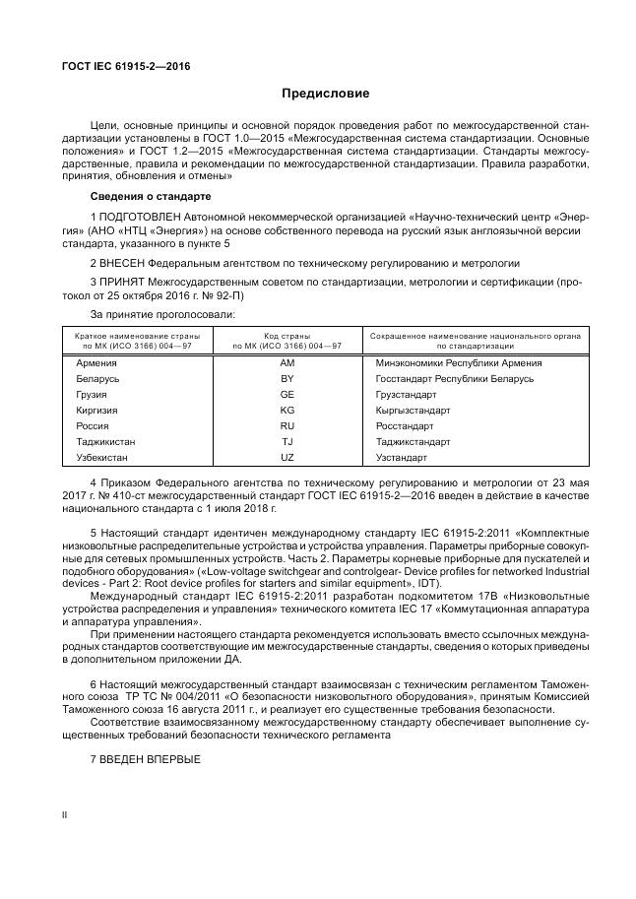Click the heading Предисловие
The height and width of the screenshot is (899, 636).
pos(325,94)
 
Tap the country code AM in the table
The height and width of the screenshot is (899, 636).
pos(287,362)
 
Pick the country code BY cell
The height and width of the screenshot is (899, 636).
pos(287,378)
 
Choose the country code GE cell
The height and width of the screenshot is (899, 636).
pos(287,394)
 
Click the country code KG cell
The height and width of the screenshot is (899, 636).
pos(287,410)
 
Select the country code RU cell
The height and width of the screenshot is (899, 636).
pos(287,425)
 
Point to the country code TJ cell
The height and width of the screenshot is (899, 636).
pos(287,442)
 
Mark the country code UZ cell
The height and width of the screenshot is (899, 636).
pos(287,458)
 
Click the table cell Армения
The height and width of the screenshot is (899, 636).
pos(96,362)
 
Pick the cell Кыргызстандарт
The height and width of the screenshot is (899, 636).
pos(413,410)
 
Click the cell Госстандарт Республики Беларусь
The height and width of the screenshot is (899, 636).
pos(454,378)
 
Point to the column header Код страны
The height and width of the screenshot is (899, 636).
pos(286,336)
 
